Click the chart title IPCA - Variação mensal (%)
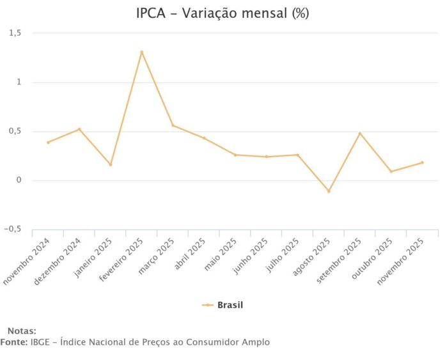[x=222, y=13]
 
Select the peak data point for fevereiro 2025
[x=142, y=52]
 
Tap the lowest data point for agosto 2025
[x=329, y=191]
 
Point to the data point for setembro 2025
[x=360, y=134]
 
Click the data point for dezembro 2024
[x=79, y=129]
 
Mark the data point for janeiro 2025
[x=111, y=164]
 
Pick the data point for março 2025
[x=173, y=125]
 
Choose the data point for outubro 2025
[x=391, y=171]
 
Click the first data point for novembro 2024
[x=48, y=142]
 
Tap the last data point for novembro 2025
[x=422, y=162]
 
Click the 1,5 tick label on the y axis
[x=15, y=33]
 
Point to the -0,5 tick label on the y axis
[x=13, y=229]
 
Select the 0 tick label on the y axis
[x=19, y=180]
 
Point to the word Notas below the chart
[x=22, y=331]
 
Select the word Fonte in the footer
[x=13, y=342]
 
